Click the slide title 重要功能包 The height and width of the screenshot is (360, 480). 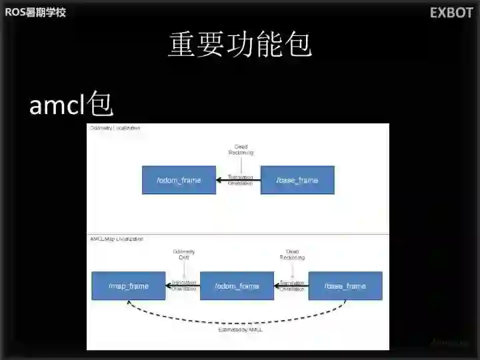(240, 45)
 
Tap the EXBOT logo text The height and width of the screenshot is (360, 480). (451, 13)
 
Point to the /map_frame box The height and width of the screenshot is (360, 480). (129, 286)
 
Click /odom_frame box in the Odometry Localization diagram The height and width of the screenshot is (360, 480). (179, 180)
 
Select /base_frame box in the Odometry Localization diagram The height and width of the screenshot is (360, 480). (297, 180)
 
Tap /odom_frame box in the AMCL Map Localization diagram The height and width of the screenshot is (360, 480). (237, 286)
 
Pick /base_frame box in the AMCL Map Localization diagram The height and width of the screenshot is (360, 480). (345, 286)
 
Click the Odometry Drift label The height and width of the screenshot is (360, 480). (184, 255)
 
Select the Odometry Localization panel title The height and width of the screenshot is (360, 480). (115, 128)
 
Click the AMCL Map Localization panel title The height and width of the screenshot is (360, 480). (117, 239)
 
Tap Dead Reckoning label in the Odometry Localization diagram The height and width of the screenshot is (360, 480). (241, 149)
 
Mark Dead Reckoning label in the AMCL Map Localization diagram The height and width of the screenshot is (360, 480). (291, 255)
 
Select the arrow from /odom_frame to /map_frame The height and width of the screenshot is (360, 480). (183, 286)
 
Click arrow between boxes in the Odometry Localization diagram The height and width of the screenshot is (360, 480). (238, 180)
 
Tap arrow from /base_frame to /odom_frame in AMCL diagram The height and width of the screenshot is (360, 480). (291, 286)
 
